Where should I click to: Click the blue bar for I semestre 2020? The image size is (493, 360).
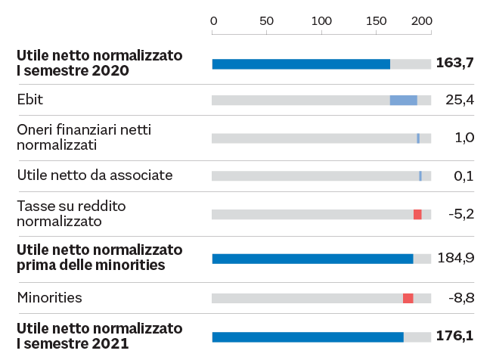point(301,64)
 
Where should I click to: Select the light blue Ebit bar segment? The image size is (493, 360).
point(403,101)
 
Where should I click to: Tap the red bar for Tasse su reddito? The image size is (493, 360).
point(417,215)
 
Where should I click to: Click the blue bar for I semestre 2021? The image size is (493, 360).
point(308,337)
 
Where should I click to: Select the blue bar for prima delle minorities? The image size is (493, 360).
point(312,259)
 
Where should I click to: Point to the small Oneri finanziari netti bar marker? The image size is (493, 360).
point(418,138)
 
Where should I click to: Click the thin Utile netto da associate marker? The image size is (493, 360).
point(420,176)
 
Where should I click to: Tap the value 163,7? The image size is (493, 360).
point(455,63)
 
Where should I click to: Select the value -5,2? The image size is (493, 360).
point(460,214)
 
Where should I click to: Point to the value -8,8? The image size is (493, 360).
point(460,298)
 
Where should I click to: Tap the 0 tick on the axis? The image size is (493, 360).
point(213,20)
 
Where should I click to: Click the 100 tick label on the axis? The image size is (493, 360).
point(322,20)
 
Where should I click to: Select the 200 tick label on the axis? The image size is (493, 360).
point(421,20)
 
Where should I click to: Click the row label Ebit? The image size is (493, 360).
point(29,99)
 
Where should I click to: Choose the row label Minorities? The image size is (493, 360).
point(49,298)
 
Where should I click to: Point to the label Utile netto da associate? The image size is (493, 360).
point(95,175)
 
